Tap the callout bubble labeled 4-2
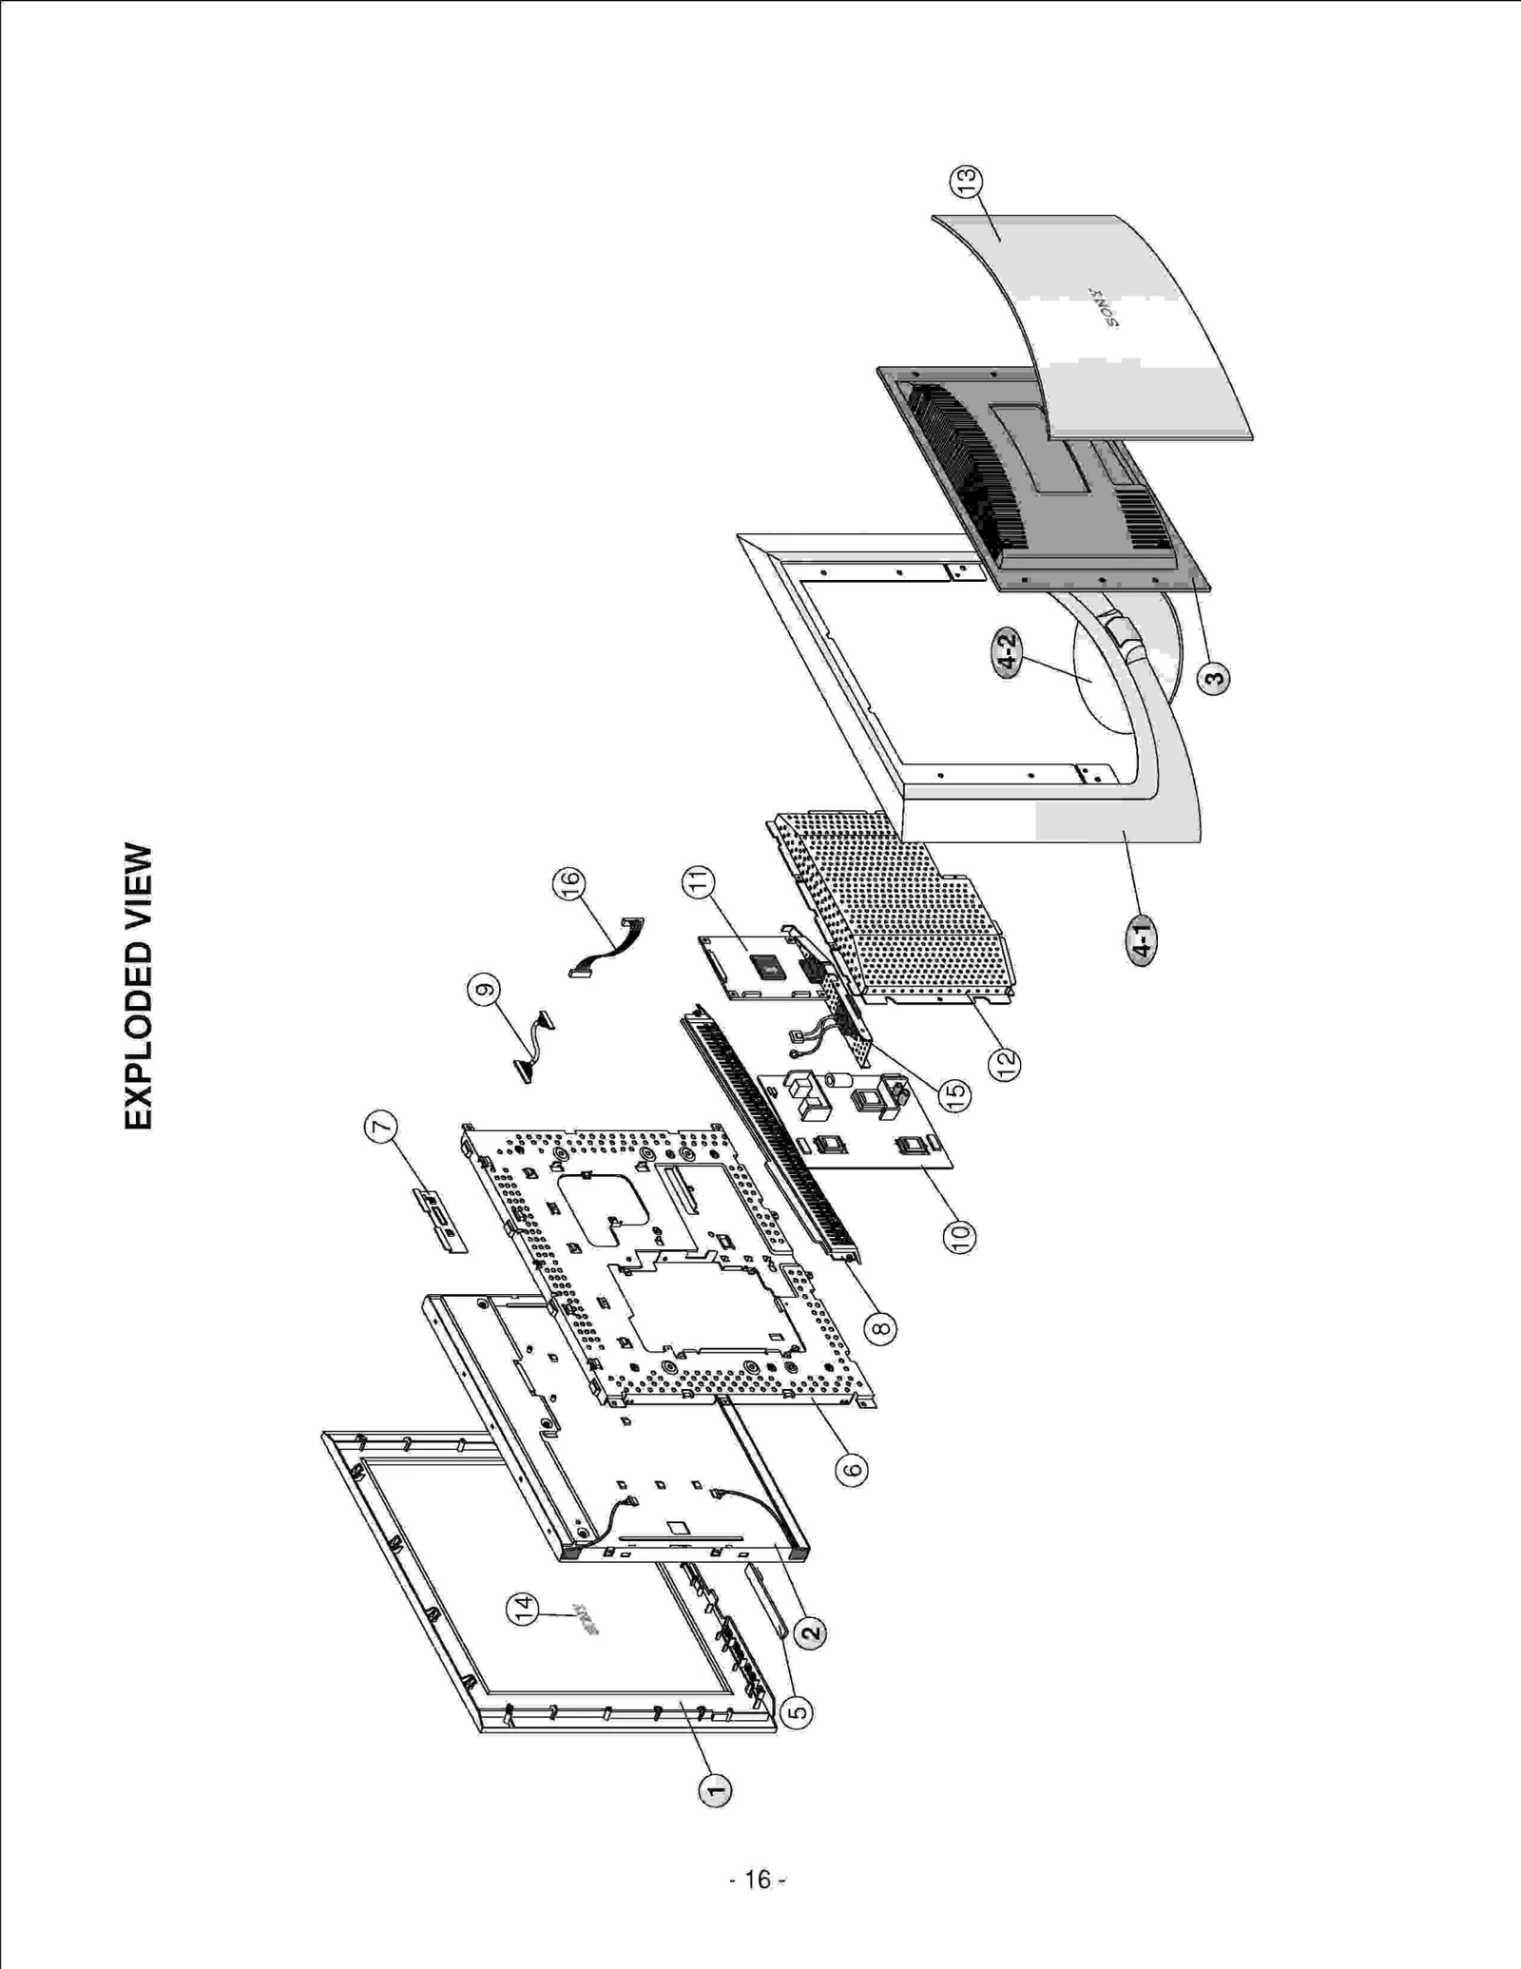(x=1007, y=652)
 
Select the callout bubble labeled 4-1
(x=1142, y=940)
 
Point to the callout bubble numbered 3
(x=1213, y=679)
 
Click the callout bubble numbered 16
(x=569, y=884)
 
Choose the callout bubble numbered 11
(x=699, y=882)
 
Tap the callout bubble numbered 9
(x=484, y=991)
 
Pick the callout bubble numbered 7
(x=380, y=1129)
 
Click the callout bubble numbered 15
(x=954, y=1094)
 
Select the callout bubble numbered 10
(x=959, y=1235)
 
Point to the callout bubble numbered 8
(x=881, y=1327)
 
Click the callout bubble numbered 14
(x=522, y=1609)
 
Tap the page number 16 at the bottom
(x=758, y=1880)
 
